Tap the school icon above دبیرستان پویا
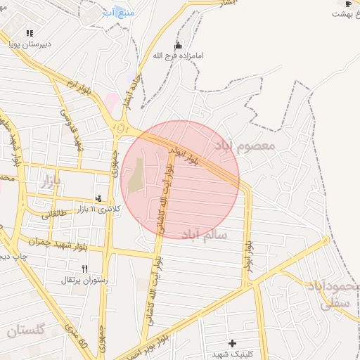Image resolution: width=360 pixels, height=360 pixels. (30, 33)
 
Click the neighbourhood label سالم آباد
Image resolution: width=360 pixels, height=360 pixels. (204, 234)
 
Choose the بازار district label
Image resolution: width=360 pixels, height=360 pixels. (48, 180)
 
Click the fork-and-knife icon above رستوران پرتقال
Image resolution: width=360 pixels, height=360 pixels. (85, 269)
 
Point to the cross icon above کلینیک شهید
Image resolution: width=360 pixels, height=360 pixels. (232, 343)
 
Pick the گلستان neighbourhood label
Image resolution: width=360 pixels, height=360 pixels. (27, 330)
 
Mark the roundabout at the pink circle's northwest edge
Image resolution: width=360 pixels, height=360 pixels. (120, 128)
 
